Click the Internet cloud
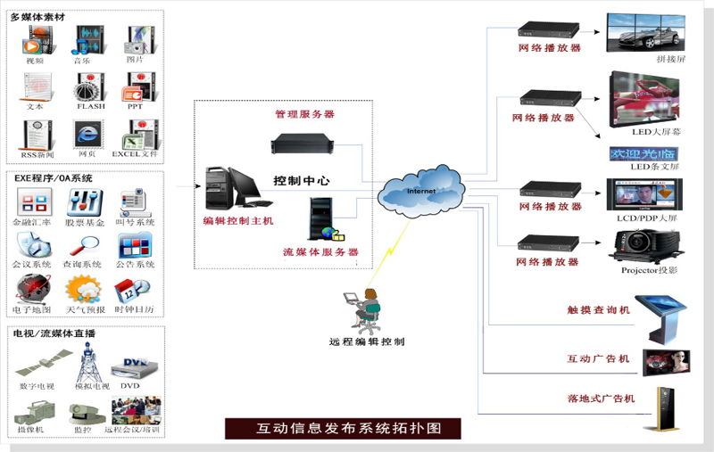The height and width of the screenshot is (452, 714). click(x=420, y=193)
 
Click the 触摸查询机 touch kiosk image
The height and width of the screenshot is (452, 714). click(x=665, y=313)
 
